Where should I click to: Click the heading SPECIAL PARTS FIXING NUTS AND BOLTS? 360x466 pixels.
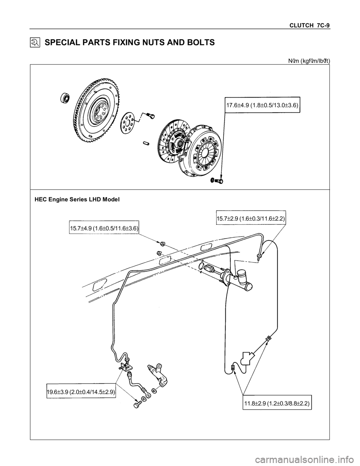[x=129, y=43]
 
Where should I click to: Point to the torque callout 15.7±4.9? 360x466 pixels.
[x=104, y=228]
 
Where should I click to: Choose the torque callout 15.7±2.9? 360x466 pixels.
[x=251, y=217]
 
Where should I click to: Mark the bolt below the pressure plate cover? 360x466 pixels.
[x=216, y=181]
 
